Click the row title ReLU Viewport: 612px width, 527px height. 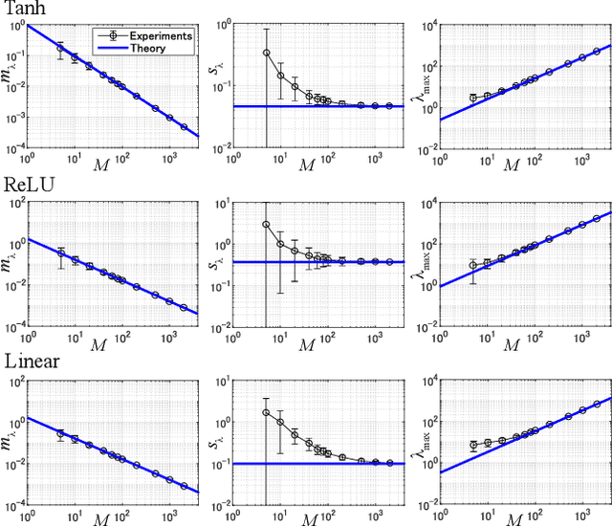[x=26, y=185]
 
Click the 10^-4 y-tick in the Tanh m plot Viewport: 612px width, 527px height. [x=14, y=149]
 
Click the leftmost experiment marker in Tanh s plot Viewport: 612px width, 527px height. [x=267, y=54]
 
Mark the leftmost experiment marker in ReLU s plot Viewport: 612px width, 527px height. [x=267, y=225]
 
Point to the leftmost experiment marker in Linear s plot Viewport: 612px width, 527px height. [x=267, y=412]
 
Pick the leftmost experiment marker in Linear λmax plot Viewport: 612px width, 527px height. [x=473, y=445]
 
